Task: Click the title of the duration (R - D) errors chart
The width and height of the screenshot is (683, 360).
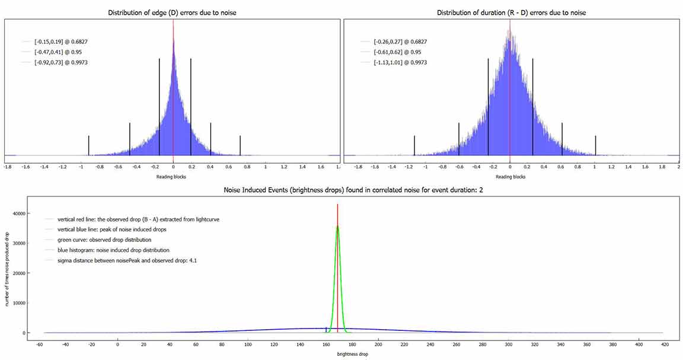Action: [x=510, y=12]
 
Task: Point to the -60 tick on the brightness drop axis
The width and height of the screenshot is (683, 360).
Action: [x=39, y=344]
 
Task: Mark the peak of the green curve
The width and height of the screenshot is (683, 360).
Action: [x=337, y=226]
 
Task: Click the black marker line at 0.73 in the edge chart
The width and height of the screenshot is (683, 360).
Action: [x=240, y=145]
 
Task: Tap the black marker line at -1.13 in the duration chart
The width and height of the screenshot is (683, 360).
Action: [x=414, y=145]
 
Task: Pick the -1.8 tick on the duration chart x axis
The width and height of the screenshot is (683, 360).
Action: [x=358, y=167]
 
